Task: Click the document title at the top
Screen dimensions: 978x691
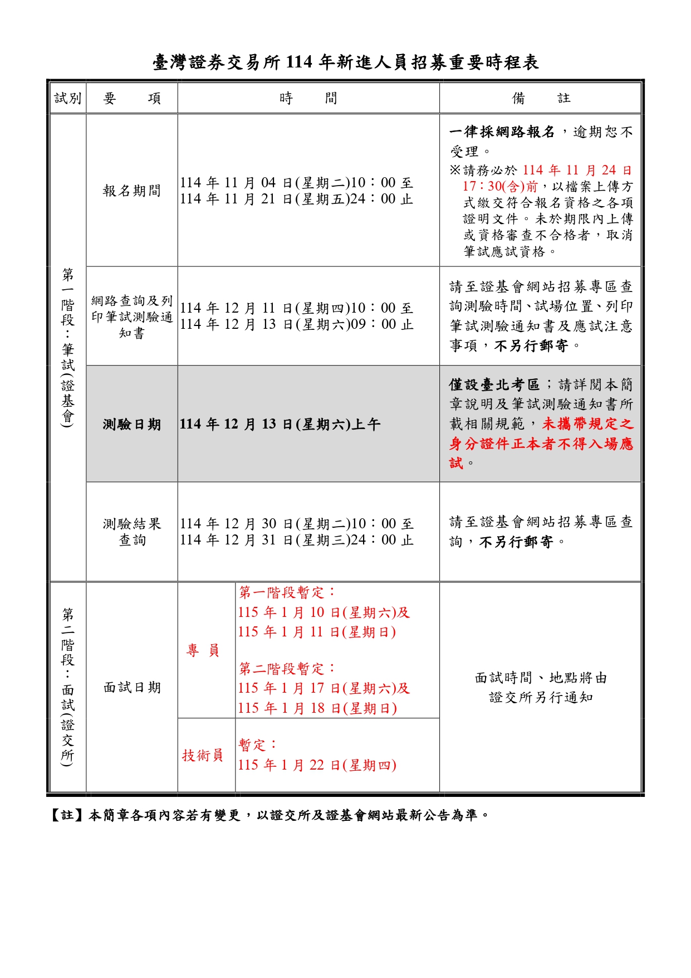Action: (345, 62)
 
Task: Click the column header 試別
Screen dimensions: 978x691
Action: (68, 99)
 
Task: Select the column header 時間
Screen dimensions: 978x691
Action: (308, 99)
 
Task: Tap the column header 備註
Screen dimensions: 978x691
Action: (540, 99)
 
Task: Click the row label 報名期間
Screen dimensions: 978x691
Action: (132, 191)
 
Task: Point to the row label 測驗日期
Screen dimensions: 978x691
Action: (132, 425)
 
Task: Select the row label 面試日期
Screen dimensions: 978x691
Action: (132, 688)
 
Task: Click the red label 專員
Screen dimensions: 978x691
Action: (203, 650)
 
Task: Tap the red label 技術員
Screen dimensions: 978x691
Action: (203, 755)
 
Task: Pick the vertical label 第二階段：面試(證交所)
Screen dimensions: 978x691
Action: (68, 687)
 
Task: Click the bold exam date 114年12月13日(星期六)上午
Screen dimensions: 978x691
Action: (280, 425)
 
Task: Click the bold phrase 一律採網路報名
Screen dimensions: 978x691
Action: (502, 132)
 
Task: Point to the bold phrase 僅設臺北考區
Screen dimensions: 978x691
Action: (494, 385)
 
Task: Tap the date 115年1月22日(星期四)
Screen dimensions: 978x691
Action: (317, 765)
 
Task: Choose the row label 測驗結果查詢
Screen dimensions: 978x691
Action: (132, 532)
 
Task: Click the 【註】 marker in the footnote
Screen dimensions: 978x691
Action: (67, 815)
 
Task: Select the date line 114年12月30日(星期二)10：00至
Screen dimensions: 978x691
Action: (296, 524)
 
